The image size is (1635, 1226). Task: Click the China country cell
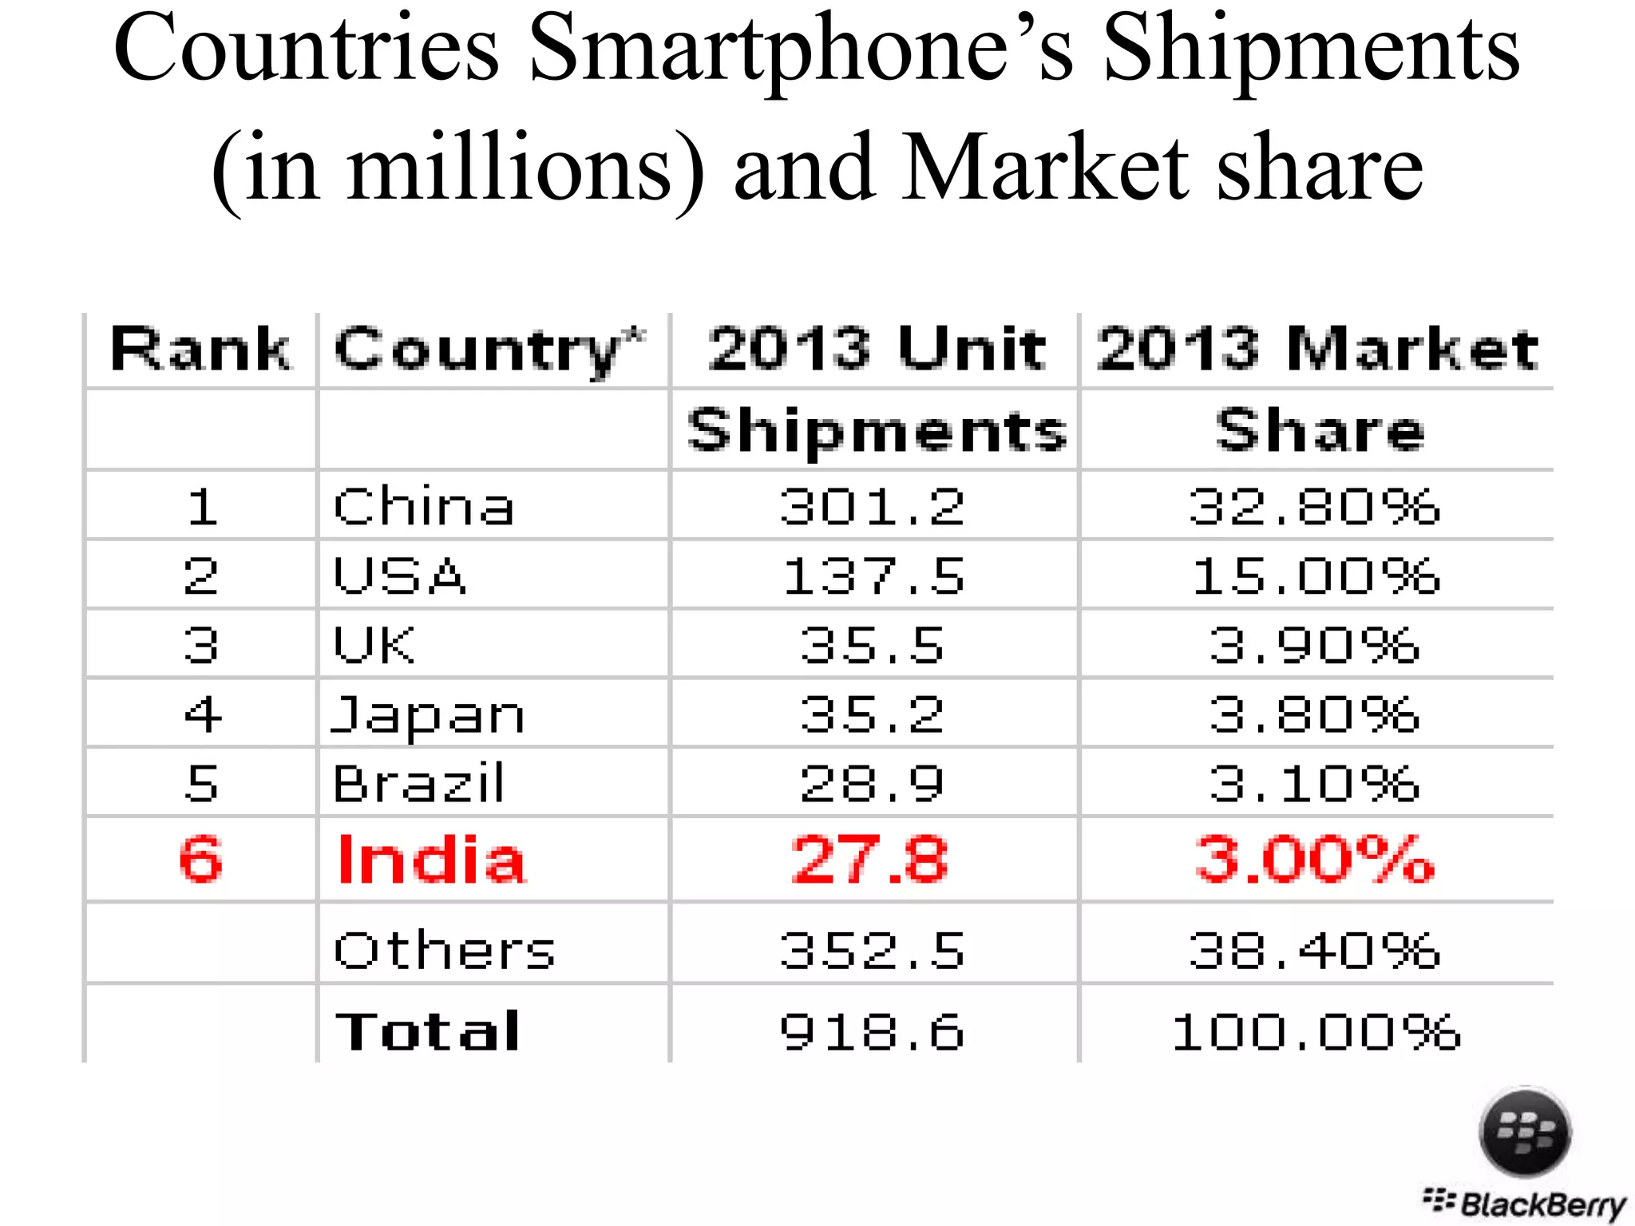coord(423,506)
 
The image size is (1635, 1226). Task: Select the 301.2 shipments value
coord(873,506)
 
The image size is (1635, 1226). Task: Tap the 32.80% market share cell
coord(1315,506)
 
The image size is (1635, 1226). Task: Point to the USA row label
coord(399,575)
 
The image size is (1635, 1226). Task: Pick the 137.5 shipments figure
coord(873,575)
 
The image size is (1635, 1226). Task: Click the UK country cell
coord(374,645)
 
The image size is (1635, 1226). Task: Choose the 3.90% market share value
coord(1315,645)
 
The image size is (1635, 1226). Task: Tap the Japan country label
coord(428,714)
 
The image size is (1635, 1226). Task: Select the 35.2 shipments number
coord(873,714)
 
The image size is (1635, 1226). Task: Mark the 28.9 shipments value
coord(873,783)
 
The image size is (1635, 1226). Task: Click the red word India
coord(431,860)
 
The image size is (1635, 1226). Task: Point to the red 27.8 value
coord(870,860)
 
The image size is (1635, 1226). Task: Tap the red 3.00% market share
coord(1315,860)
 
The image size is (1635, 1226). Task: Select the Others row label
coord(444,950)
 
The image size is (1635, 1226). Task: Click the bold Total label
coord(428,1030)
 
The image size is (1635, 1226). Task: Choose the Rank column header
coord(200,350)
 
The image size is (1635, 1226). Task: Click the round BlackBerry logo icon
coord(1525,1132)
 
